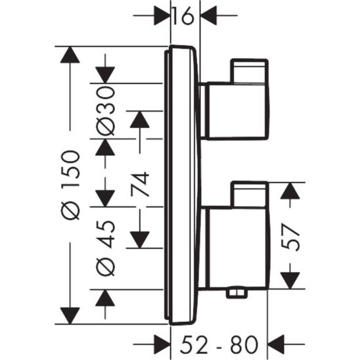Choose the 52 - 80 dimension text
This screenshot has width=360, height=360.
pyautogui.click(x=224, y=343)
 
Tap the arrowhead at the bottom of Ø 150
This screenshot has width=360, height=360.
pyautogui.click(x=69, y=315)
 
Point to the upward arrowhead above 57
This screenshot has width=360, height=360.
pyautogui.click(x=290, y=191)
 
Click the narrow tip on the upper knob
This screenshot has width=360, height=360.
pyautogui.click(x=249, y=72)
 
